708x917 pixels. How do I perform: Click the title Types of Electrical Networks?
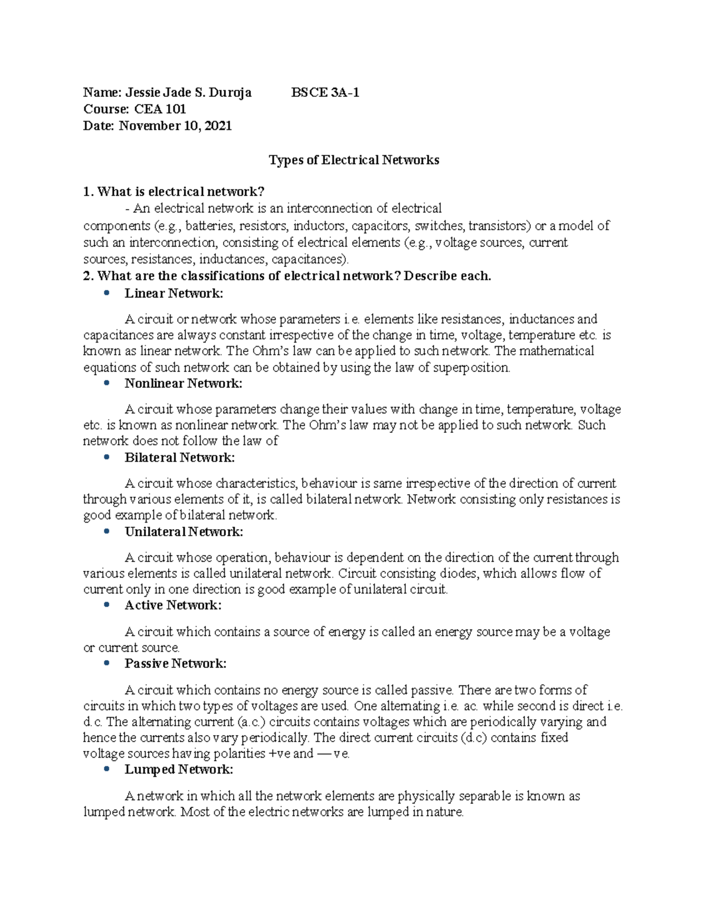click(x=354, y=160)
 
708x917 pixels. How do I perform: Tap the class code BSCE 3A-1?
click(x=325, y=93)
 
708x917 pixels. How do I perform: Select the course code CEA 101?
click(x=160, y=109)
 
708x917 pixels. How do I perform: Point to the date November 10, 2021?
click(x=175, y=126)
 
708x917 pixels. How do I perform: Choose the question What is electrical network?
click(x=181, y=192)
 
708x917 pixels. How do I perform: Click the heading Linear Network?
click(x=174, y=293)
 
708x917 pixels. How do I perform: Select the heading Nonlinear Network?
click(x=183, y=384)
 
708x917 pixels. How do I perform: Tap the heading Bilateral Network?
click(x=180, y=458)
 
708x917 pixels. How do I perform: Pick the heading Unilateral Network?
click(x=184, y=532)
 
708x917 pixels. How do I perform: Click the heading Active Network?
click(x=173, y=605)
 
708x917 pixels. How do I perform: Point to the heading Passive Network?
click(x=176, y=664)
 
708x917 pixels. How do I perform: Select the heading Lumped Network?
click(x=179, y=769)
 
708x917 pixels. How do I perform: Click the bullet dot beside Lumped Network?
click(x=106, y=769)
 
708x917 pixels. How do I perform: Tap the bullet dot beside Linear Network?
click(x=106, y=293)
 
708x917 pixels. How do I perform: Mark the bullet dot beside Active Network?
click(x=106, y=605)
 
